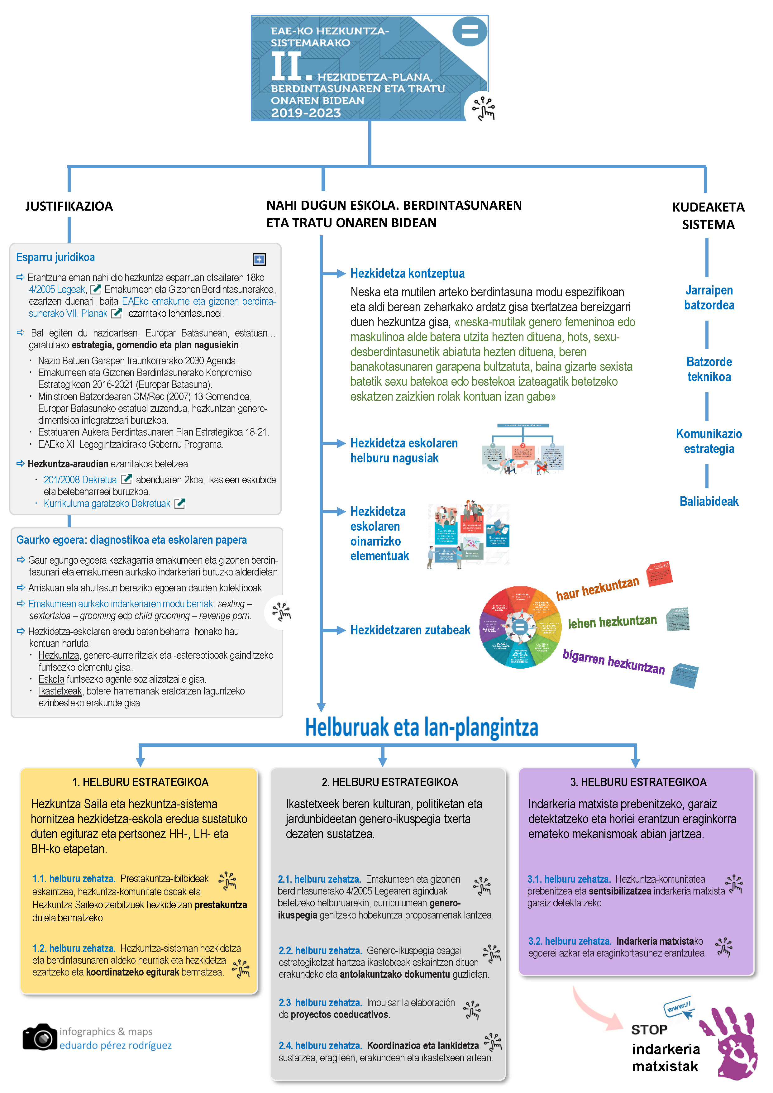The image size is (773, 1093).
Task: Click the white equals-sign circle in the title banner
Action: [469, 31]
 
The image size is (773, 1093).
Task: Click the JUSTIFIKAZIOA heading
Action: [69, 206]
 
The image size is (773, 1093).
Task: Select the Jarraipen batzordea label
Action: [709, 298]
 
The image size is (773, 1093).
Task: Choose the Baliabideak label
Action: [709, 501]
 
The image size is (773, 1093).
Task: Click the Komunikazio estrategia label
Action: [709, 441]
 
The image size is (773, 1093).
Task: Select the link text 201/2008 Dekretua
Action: [80, 480]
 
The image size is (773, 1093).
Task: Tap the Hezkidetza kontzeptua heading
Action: [407, 273]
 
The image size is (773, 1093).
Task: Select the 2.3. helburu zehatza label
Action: [320, 1003]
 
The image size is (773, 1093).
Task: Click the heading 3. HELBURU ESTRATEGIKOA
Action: [638, 782]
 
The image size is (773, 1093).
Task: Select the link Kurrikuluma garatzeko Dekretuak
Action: [107, 504]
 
